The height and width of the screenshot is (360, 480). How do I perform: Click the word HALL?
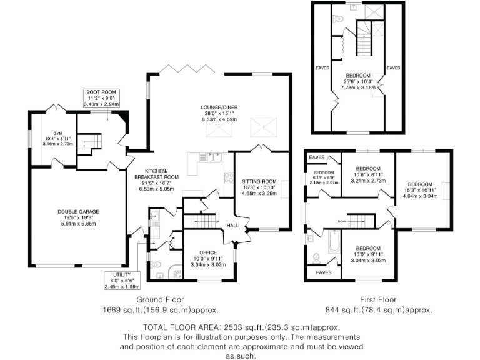232,226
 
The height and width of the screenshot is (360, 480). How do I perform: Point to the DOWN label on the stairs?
342,221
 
